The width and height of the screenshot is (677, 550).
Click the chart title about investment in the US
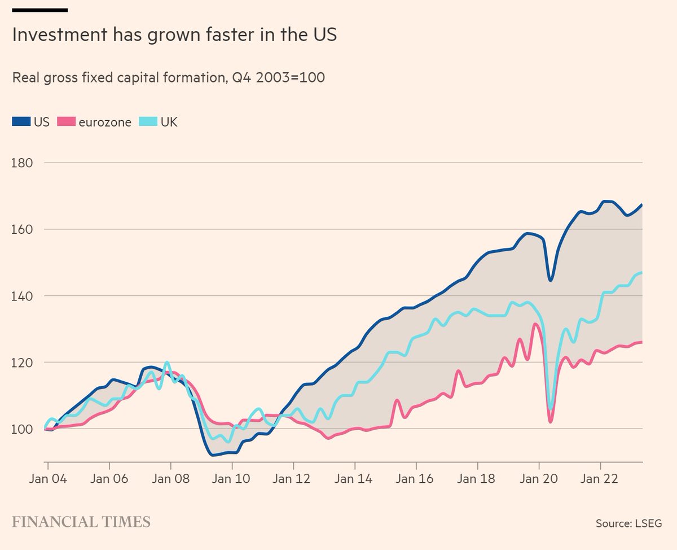174,35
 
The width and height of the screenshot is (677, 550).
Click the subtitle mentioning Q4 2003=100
168,78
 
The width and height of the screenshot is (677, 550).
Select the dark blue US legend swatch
21,122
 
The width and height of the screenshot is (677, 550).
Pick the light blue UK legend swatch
150,122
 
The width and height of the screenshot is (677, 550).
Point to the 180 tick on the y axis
22,163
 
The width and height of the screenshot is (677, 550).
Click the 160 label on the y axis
22,229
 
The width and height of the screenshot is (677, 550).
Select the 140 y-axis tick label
22,296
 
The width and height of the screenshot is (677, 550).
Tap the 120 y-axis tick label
22,362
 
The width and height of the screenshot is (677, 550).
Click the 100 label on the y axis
22,429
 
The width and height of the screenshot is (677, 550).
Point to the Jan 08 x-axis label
170,479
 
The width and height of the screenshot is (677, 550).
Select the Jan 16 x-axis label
416,479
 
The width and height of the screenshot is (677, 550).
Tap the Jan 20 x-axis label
539,479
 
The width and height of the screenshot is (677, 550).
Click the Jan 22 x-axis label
600,479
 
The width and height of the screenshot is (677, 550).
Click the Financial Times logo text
81,521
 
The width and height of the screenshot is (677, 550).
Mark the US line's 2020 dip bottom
550,280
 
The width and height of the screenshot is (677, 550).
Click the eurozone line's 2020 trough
551,421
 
